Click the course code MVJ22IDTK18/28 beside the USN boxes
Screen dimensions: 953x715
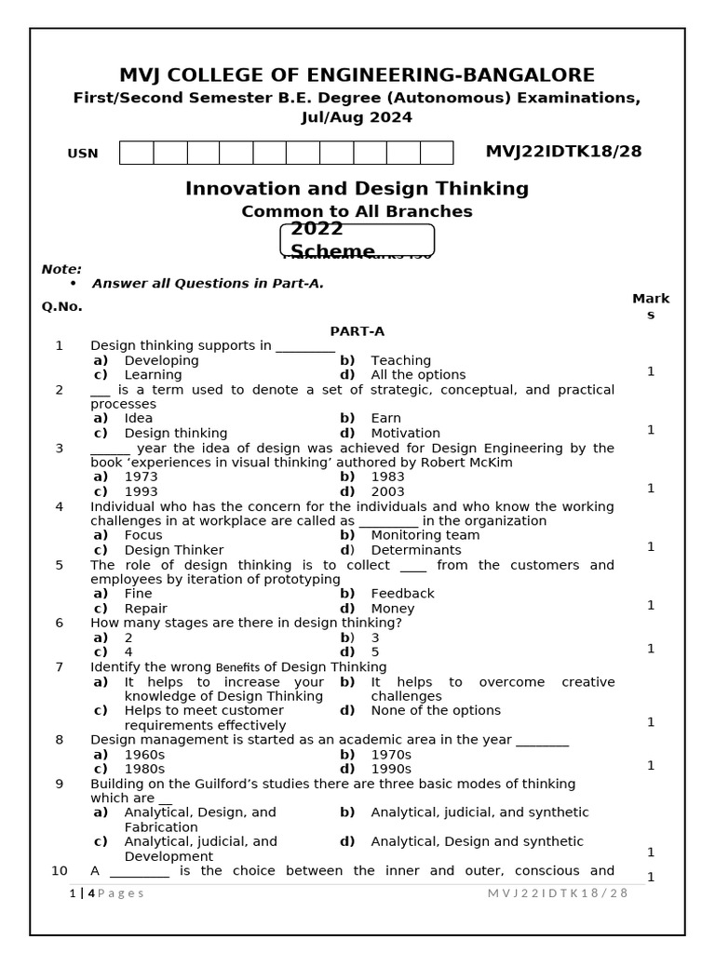pos(563,152)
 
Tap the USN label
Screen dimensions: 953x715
pos(83,154)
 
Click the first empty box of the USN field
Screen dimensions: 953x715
pos(136,153)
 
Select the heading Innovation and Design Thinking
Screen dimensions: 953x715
pos(357,189)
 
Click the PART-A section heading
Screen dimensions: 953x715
pos(357,331)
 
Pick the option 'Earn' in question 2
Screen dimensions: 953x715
pos(385,419)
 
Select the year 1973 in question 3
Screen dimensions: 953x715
pos(141,476)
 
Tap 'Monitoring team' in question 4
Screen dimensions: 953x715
pos(425,535)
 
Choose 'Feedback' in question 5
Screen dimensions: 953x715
pos(402,594)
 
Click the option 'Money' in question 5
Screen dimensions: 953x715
pos(392,609)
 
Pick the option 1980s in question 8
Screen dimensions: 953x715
pos(143,769)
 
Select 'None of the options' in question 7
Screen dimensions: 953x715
pos(435,710)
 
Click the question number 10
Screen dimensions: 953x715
pos(60,871)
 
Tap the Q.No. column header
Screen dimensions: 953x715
pos(61,306)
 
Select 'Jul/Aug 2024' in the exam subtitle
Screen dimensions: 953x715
pos(357,117)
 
